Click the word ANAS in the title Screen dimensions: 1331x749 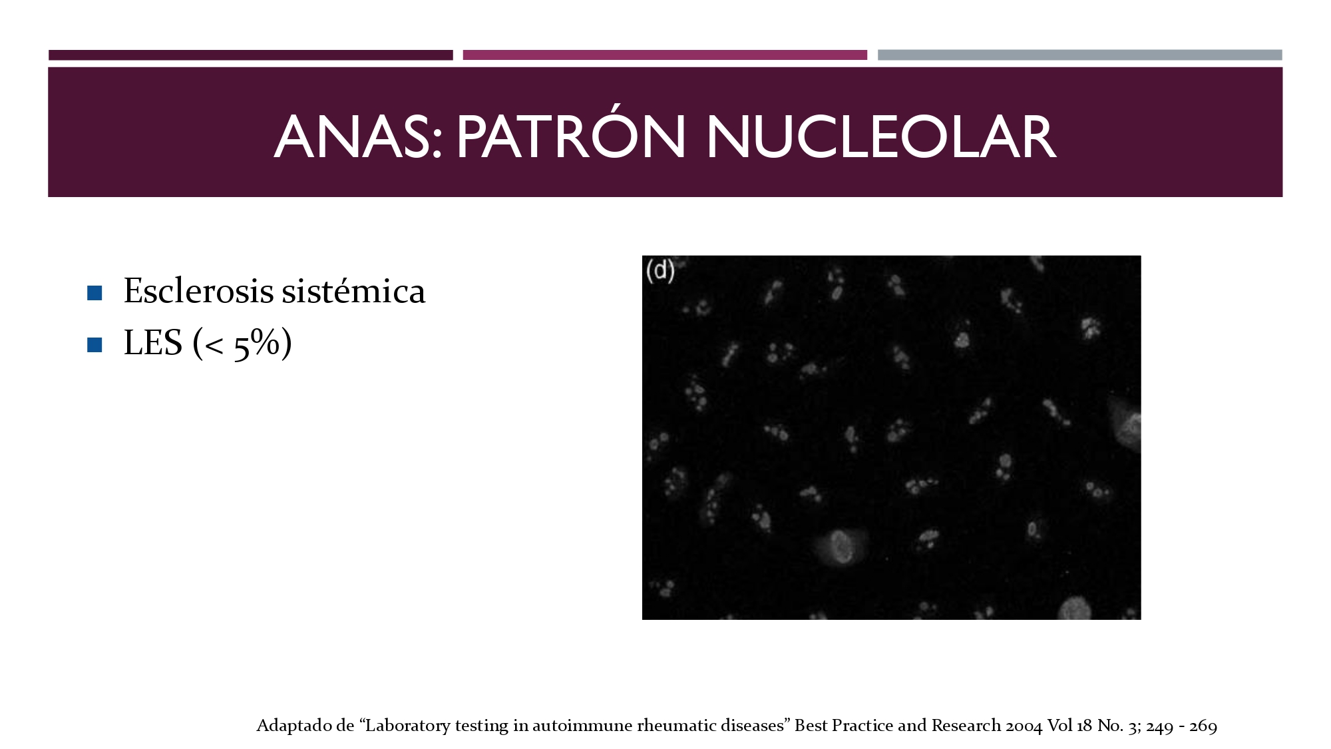[358, 137]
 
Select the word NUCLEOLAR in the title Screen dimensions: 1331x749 [881, 137]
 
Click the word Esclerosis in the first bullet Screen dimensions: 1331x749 [198, 291]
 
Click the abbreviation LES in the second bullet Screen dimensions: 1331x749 [152, 343]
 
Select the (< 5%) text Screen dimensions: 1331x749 [242, 344]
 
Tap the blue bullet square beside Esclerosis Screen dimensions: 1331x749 [95, 293]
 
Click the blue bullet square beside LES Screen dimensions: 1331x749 [95, 345]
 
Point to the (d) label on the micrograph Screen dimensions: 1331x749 [660, 270]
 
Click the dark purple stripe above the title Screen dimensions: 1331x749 [251, 55]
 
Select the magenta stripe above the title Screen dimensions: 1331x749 [665, 55]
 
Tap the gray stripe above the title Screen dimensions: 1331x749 [1080, 55]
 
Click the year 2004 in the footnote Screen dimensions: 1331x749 [1024, 726]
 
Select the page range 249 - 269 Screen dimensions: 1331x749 [1182, 726]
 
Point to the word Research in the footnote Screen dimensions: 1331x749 [966, 726]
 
